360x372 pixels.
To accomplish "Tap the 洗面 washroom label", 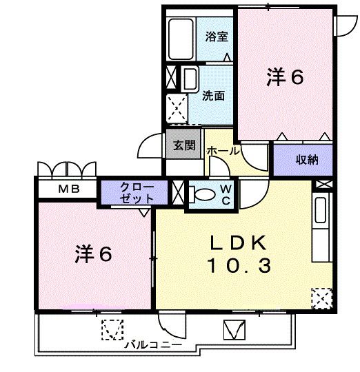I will pos(212,96).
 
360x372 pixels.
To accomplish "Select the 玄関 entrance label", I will pos(183,145).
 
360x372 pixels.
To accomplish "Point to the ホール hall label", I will pos(222,150).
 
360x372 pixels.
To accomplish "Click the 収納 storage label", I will pos(307,160).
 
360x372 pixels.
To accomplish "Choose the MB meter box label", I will pos(67,189).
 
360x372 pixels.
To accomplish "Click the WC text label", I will pos(226,194).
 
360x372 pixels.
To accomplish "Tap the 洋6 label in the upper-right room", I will pos(285,78).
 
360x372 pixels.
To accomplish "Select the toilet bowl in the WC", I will pos(202,195).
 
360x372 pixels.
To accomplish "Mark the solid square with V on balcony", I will pos(234,330).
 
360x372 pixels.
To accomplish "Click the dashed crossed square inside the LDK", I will pos(321,298).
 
